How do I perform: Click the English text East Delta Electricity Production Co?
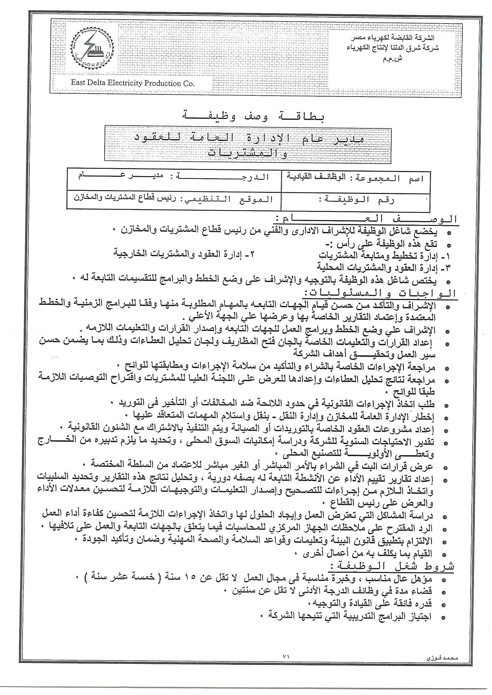(133, 83)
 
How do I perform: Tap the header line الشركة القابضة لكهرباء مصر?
(393, 38)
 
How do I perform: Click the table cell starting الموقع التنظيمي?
(174, 199)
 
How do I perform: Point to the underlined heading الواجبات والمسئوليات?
(381, 293)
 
